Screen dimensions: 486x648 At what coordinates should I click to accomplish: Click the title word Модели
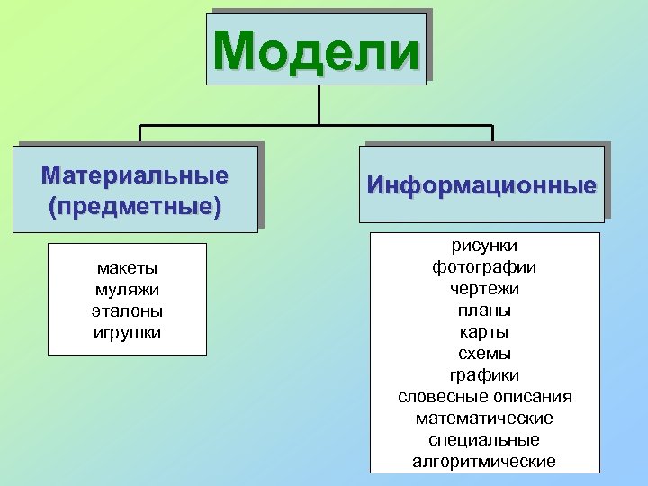317,50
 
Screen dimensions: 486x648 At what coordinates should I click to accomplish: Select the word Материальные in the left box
135,174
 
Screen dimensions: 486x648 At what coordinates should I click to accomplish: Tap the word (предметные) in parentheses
135,206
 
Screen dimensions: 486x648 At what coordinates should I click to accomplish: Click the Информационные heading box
481,186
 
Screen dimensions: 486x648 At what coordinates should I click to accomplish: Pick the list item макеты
127,268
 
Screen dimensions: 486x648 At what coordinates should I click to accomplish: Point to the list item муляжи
127,290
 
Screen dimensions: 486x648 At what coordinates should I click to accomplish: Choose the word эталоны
127,311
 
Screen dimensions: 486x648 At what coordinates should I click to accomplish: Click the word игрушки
127,333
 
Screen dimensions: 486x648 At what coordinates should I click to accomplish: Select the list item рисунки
484,245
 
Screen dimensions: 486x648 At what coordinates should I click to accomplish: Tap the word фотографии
484,266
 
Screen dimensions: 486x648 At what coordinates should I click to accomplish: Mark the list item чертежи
484,288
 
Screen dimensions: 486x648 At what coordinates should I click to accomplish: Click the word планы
484,310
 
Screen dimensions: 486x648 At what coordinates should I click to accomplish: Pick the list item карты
484,331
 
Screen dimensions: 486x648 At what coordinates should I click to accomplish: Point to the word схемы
484,353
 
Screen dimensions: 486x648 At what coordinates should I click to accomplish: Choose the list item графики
484,374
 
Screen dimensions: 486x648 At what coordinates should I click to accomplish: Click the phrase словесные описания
484,396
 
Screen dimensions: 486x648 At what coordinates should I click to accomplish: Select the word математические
484,418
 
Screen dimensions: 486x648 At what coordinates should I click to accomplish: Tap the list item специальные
484,440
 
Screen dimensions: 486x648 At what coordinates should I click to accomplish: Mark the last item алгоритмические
484,462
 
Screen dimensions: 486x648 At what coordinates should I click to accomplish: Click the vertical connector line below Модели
319,103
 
